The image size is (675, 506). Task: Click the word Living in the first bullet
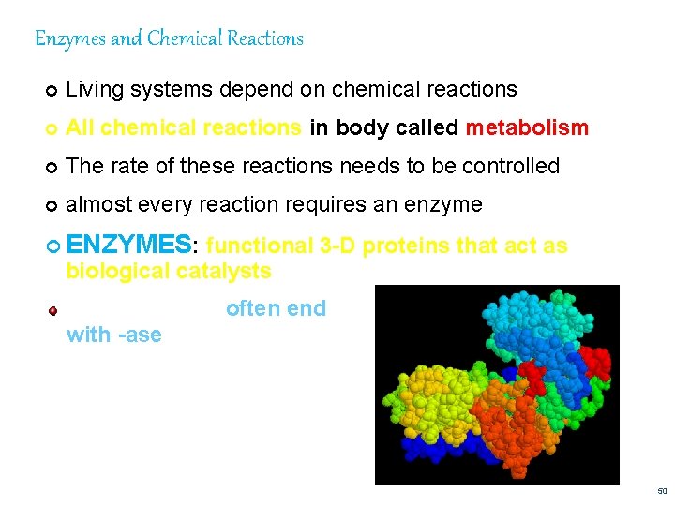coord(93,90)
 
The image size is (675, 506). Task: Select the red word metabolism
coord(527,127)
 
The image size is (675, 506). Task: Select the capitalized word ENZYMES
coord(129,246)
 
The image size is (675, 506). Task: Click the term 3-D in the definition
coord(337,246)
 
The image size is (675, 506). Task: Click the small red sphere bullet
coord(53,310)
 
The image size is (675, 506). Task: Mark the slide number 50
coord(662,491)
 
